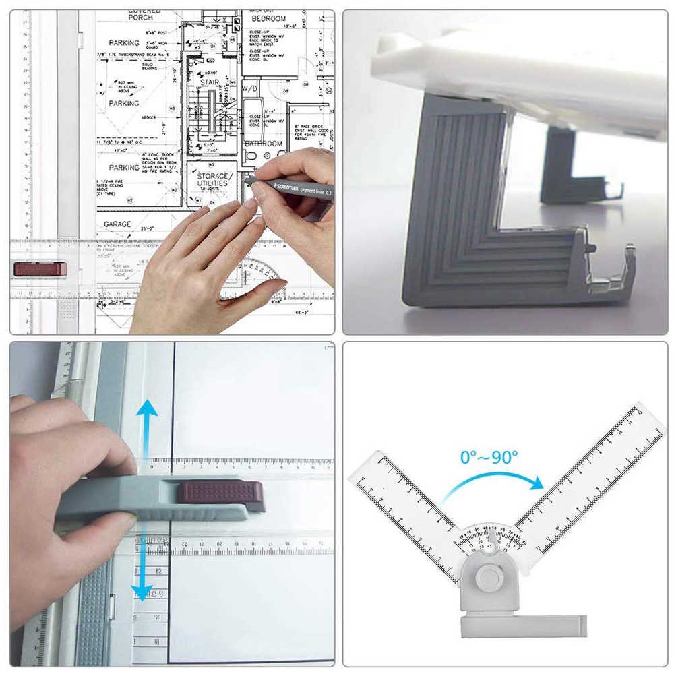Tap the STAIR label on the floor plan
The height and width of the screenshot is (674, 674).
[x=210, y=82]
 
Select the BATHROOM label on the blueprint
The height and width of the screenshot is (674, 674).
[x=264, y=144]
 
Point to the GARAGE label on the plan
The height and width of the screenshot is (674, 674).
[x=117, y=224]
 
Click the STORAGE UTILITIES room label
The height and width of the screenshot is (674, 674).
[x=212, y=178]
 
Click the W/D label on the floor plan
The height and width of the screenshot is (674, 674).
[x=250, y=89]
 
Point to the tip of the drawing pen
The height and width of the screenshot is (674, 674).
[x=245, y=181]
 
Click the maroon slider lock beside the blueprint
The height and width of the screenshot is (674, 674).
[x=40, y=269]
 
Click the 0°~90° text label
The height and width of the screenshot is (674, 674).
[x=489, y=456]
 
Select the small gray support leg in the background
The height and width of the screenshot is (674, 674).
[x=566, y=168]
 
